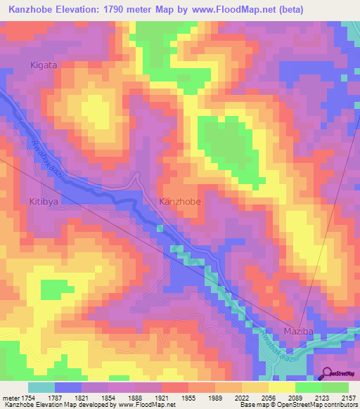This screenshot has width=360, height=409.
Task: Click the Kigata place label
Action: click(x=43, y=65)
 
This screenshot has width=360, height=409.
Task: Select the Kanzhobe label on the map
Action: click(x=180, y=202)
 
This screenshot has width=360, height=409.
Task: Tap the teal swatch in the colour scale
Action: click(x=41, y=387)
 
